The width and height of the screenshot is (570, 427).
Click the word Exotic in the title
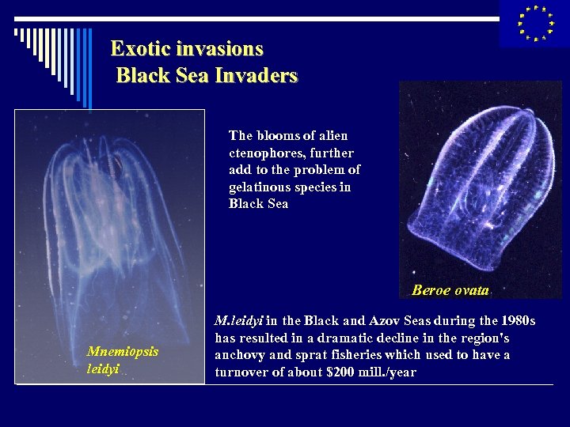137,49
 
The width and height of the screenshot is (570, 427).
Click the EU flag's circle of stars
534,23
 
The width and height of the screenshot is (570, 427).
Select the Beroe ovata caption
450,290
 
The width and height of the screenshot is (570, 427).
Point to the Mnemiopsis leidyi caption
123,360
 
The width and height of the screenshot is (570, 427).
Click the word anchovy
238,355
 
